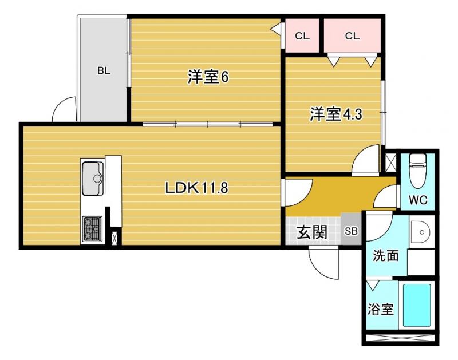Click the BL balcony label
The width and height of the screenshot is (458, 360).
pos(104,70)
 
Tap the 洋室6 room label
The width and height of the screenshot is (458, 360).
pos(208,77)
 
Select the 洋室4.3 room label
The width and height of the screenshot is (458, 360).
pos(336,114)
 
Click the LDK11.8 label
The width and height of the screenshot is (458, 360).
pos(196,188)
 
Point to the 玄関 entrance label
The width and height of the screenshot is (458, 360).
pos(312,232)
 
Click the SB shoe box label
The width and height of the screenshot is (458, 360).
pos(352,231)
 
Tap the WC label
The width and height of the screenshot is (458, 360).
pos(418,200)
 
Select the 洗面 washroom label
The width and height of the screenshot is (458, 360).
pos(385,256)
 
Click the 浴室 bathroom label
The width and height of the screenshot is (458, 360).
pos(380,309)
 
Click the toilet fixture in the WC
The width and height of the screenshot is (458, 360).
pos(418,171)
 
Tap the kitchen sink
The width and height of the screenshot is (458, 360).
pos(93,178)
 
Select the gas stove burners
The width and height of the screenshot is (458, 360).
pos(93,229)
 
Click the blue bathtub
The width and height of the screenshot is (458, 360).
pos(417,305)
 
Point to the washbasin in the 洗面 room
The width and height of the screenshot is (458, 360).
pos(420,232)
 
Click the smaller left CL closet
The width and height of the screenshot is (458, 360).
pos(302,36)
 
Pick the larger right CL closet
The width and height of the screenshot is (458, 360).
pos(352,36)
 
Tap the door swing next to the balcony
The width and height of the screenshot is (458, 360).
pos(64,109)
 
